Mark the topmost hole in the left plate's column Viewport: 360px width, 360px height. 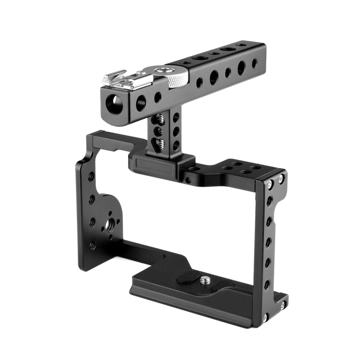click(x=91, y=177)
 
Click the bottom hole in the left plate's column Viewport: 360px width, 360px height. click(x=92, y=245)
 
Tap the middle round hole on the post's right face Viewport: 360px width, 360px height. click(x=177, y=130)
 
